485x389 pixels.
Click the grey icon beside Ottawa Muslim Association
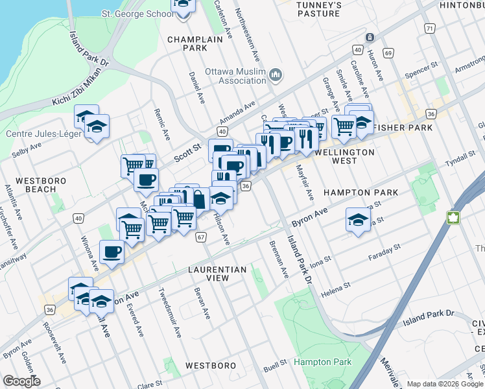pos(276,76)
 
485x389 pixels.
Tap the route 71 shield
pos(429,29)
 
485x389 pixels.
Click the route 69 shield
pos(388,52)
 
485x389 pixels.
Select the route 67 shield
pos(202,237)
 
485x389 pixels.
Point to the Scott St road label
pos(187,153)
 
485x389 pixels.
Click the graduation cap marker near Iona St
pos(357,220)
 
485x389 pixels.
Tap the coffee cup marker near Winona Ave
pos(112,252)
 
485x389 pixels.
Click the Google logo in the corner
pos(21,381)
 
